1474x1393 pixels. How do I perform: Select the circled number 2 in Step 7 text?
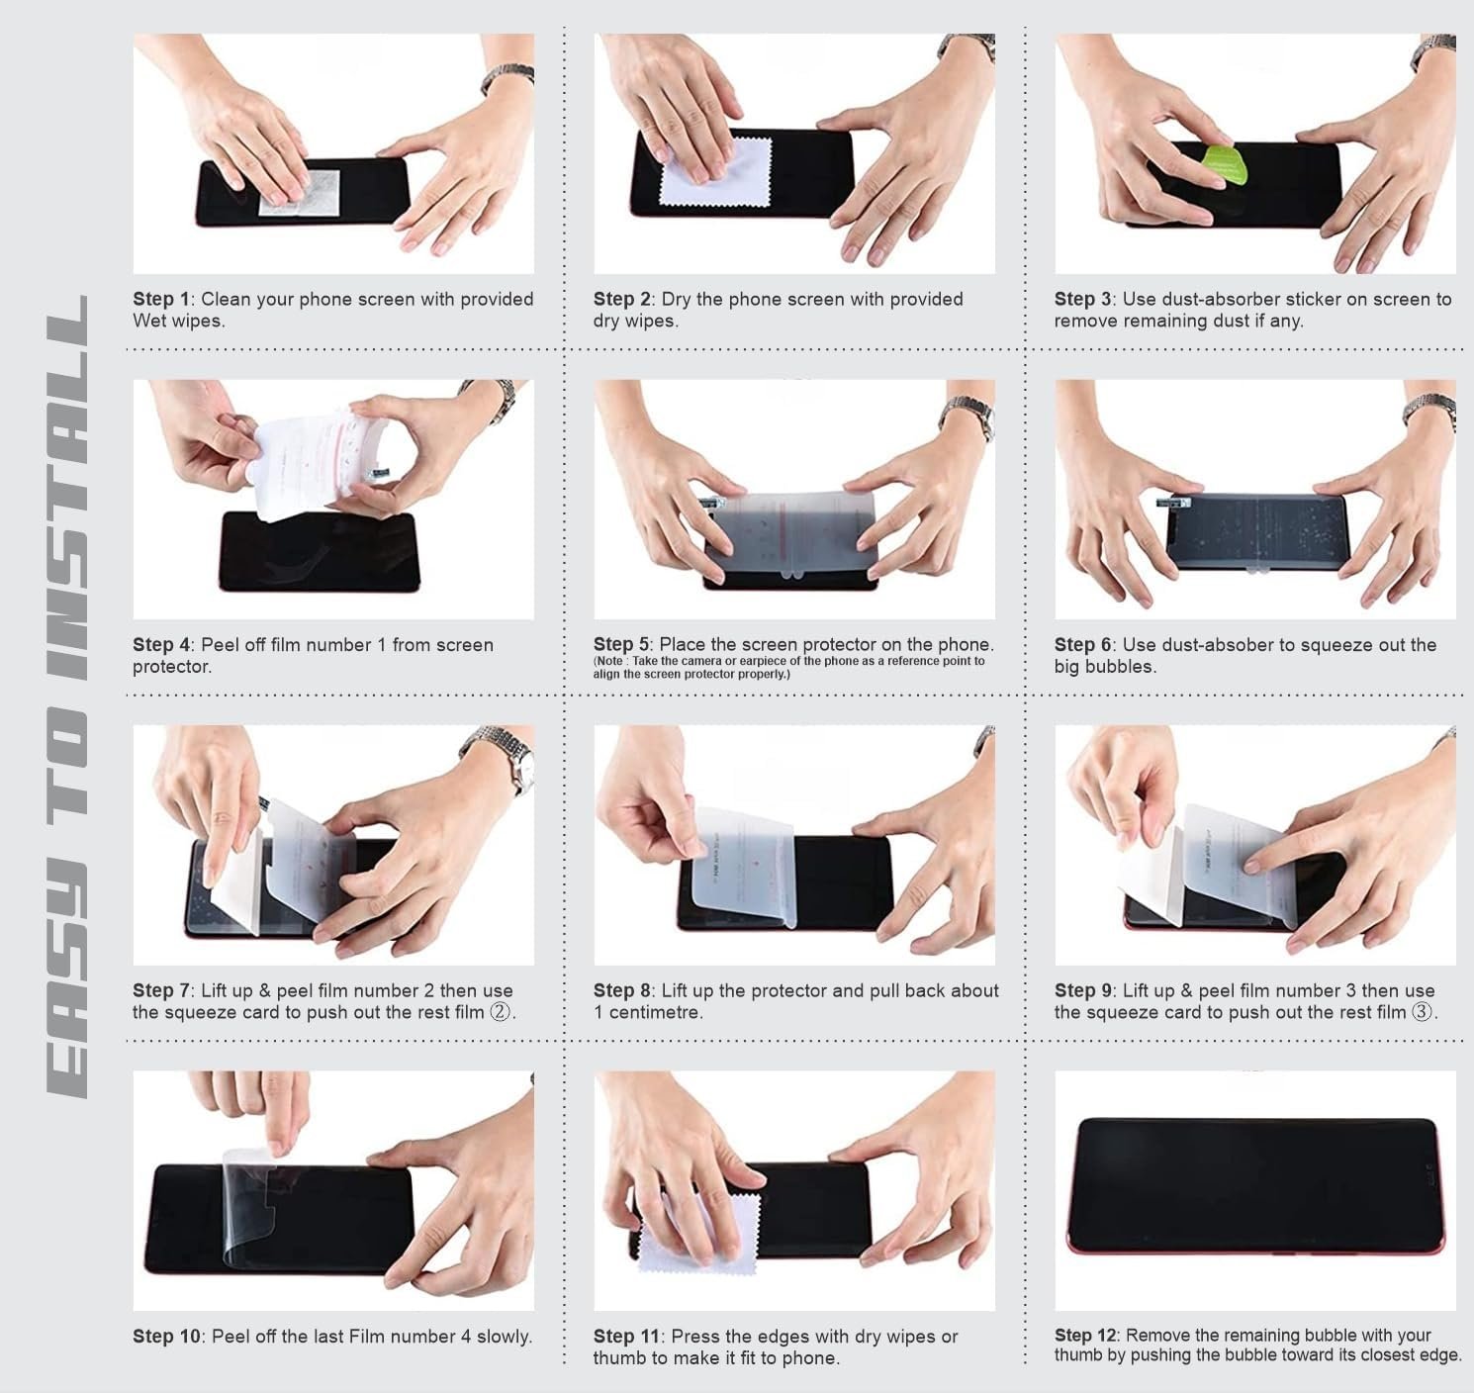(x=501, y=1012)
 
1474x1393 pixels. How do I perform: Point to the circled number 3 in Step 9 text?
(x=1423, y=1012)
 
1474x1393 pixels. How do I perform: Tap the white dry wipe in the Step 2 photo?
(x=714, y=171)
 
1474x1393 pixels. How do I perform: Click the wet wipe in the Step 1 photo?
(x=300, y=192)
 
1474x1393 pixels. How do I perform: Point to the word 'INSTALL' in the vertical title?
(x=67, y=487)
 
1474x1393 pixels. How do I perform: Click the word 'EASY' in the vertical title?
(x=67, y=980)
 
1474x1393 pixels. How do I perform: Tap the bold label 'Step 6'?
(x=1083, y=644)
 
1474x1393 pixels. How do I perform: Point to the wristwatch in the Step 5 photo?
(x=967, y=418)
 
